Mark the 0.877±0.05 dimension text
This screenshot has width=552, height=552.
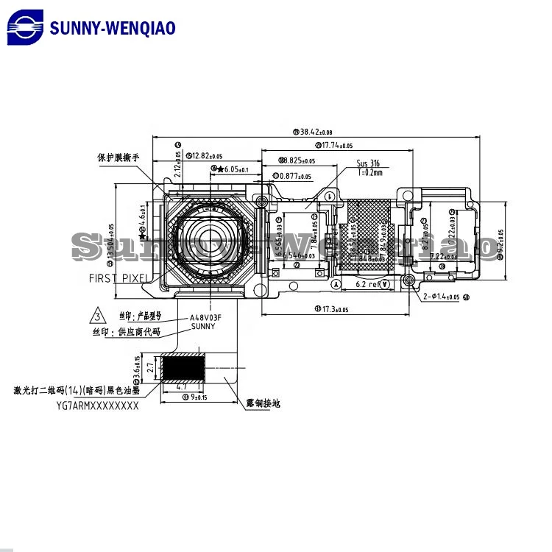tap(294, 176)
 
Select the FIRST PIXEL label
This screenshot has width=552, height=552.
tap(118, 278)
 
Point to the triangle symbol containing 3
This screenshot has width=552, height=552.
tap(97, 317)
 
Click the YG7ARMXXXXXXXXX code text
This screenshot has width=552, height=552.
tap(97, 405)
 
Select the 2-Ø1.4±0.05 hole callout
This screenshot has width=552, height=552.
tap(442, 297)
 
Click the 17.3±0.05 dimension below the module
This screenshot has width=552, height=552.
tap(334, 309)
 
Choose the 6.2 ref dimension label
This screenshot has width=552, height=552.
tap(367, 284)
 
